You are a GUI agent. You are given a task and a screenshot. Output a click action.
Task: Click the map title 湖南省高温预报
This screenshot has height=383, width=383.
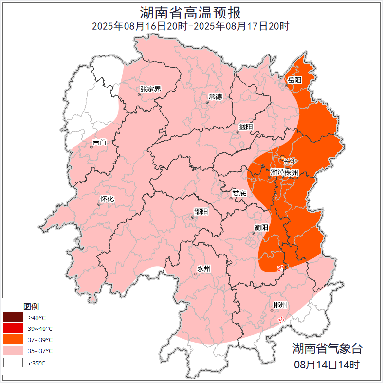click(x=191, y=12)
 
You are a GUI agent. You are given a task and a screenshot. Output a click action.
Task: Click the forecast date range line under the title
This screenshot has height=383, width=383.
click(x=191, y=26)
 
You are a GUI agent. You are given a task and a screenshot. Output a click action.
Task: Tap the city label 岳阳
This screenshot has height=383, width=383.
click(x=294, y=80)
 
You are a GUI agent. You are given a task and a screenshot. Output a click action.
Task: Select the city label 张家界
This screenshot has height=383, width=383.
click(x=150, y=89)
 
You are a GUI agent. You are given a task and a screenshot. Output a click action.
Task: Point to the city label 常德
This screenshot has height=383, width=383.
click(x=215, y=97)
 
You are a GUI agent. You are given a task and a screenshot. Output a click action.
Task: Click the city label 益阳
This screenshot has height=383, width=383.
click(x=246, y=127)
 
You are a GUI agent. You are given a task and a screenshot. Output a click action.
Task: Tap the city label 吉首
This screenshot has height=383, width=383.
click(x=99, y=142)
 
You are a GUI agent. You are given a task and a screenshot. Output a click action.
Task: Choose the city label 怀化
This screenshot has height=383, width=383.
click(x=107, y=199)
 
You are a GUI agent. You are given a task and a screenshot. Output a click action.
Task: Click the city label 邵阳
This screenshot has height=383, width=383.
click(x=201, y=211)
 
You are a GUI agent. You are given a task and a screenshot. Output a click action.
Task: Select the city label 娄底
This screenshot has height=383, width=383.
click(x=239, y=193)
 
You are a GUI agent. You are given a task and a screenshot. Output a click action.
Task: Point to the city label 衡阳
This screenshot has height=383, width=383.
click(x=261, y=227)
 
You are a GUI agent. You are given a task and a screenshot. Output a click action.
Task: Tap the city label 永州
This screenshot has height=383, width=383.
click(x=203, y=269)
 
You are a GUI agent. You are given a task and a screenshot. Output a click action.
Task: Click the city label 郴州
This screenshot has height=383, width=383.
click(x=280, y=305)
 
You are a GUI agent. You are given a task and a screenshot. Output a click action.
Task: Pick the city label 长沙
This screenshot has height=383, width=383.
click(x=290, y=161)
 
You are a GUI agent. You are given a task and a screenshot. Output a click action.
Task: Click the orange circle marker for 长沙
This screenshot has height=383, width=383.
click(x=282, y=157)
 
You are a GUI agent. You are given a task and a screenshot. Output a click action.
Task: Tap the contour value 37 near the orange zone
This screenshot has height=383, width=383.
click(x=280, y=268)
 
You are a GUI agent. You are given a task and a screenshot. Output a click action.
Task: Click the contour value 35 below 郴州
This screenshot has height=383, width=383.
click(x=280, y=320)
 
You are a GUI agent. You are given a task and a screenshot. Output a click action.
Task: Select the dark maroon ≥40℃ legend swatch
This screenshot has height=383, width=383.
click(x=13, y=318)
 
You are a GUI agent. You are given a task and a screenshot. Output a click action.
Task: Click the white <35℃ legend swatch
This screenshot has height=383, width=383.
click(x=13, y=363)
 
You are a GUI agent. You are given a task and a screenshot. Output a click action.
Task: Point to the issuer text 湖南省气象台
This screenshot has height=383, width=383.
click(x=327, y=348)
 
